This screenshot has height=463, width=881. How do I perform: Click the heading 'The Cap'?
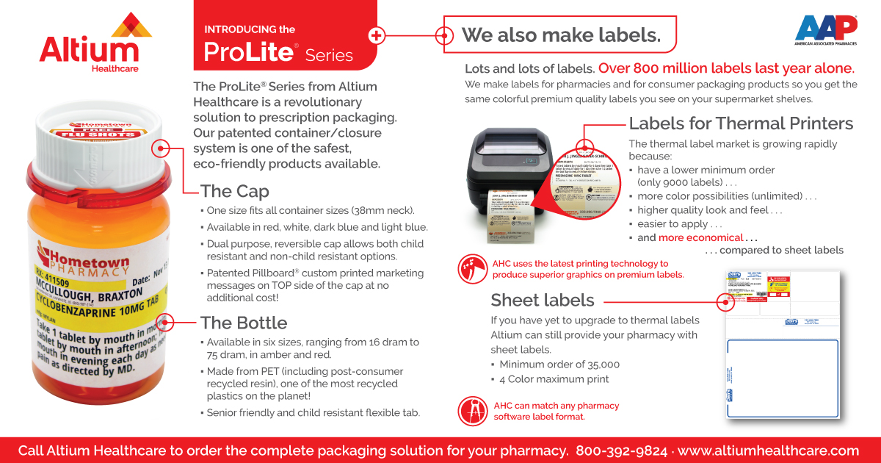(234, 192)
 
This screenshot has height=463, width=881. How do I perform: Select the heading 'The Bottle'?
(244, 323)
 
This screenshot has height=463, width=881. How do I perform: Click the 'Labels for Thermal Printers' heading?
(741, 123)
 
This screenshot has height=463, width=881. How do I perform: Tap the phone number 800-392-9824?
(621, 451)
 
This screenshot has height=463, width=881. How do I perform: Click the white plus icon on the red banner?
(377, 35)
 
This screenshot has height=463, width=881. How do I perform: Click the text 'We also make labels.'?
(561, 35)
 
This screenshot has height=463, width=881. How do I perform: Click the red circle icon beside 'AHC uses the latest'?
(471, 269)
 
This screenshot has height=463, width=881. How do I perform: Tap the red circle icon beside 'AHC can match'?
(471, 411)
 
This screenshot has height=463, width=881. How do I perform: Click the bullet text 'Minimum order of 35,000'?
(559, 365)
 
